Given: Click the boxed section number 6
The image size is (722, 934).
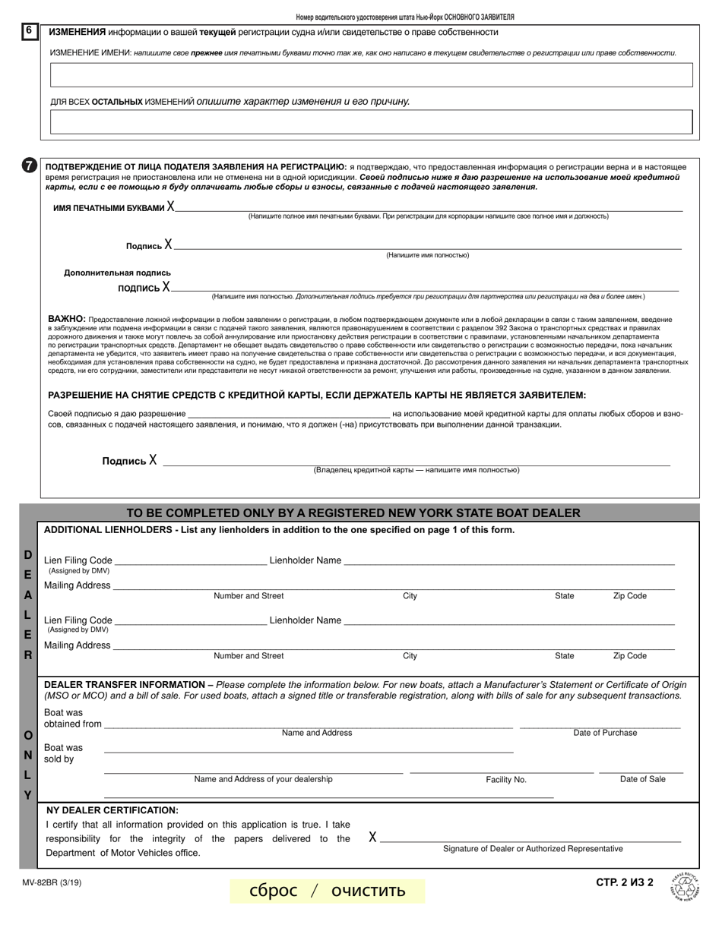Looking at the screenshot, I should pyautogui.click(x=28, y=31).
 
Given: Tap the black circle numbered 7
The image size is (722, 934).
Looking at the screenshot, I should pyautogui.click(x=29, y=166).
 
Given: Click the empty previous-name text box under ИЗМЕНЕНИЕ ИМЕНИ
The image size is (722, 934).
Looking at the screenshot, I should pyautogui.click(x=371, y=75).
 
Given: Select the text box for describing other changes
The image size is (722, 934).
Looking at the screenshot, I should pyautogui.click(x=371, y=122).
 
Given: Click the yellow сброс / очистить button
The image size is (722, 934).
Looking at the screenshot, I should pyautogui.click(x=328, y=890).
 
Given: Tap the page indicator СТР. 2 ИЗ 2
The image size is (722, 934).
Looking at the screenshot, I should pyautogui.click(x=625, y=882).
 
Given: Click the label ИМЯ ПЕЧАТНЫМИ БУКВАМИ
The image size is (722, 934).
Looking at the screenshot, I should pyautogui.click(x=109, y=208).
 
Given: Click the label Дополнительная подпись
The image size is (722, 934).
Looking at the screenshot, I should pyautogui.click(x=117, y=273).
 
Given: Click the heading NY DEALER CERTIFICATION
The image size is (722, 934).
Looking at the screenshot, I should pyautogui.click(x=112, y=810).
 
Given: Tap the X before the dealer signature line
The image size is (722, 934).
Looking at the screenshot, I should pyautogui.click(x=372, y=838).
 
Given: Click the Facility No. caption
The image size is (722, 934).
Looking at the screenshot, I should pyautogui.click(x=506, y=780).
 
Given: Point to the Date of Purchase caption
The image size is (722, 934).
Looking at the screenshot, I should pyautogui.click(x=605, y=733).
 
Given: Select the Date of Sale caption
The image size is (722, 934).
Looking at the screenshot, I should pyautogui.click(x=642, y=779).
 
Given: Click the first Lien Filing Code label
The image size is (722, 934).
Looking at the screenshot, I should pyautogui.click(x=78, y=560).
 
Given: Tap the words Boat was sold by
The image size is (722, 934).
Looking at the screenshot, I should pyautogui.click(x=63, y=753).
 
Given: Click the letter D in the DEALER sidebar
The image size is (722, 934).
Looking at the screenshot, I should pyautogui.click(x=28, y=555).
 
